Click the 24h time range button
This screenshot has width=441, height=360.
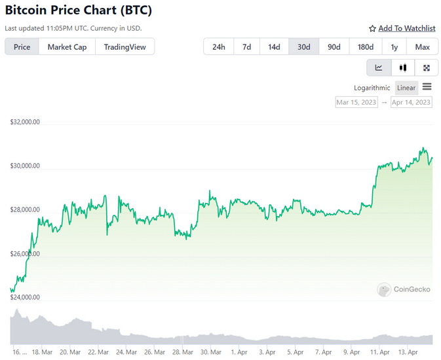click(x=219, y=46)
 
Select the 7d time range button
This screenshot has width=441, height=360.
click(x=246, y=46)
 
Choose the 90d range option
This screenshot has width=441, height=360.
click(x=334, y=46)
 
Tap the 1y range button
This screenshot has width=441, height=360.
click(x=394, y=46)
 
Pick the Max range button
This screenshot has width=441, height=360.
click(x=422, y=46)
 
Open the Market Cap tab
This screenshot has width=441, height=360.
click(x=67, y=46)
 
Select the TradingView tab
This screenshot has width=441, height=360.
click(x=125, y=46)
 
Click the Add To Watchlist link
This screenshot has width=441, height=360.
click(x=402, y=28)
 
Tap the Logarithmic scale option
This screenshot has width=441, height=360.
click(x=372, y=88)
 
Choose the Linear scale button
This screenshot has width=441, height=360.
click(x=406, y=88)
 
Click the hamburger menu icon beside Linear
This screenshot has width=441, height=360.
click(x=427, y=87)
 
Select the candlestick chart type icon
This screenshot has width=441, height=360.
click(x=403, y=67)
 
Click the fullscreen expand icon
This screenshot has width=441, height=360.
click(x=427, y=67)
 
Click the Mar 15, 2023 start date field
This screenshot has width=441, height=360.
click(x=356, y=102)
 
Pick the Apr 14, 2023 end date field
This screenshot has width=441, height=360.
click(x=411, y=102)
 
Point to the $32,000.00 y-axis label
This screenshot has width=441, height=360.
click(x=25, y=122)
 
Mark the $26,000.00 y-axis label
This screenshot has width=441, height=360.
click(x=25, y=253)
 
